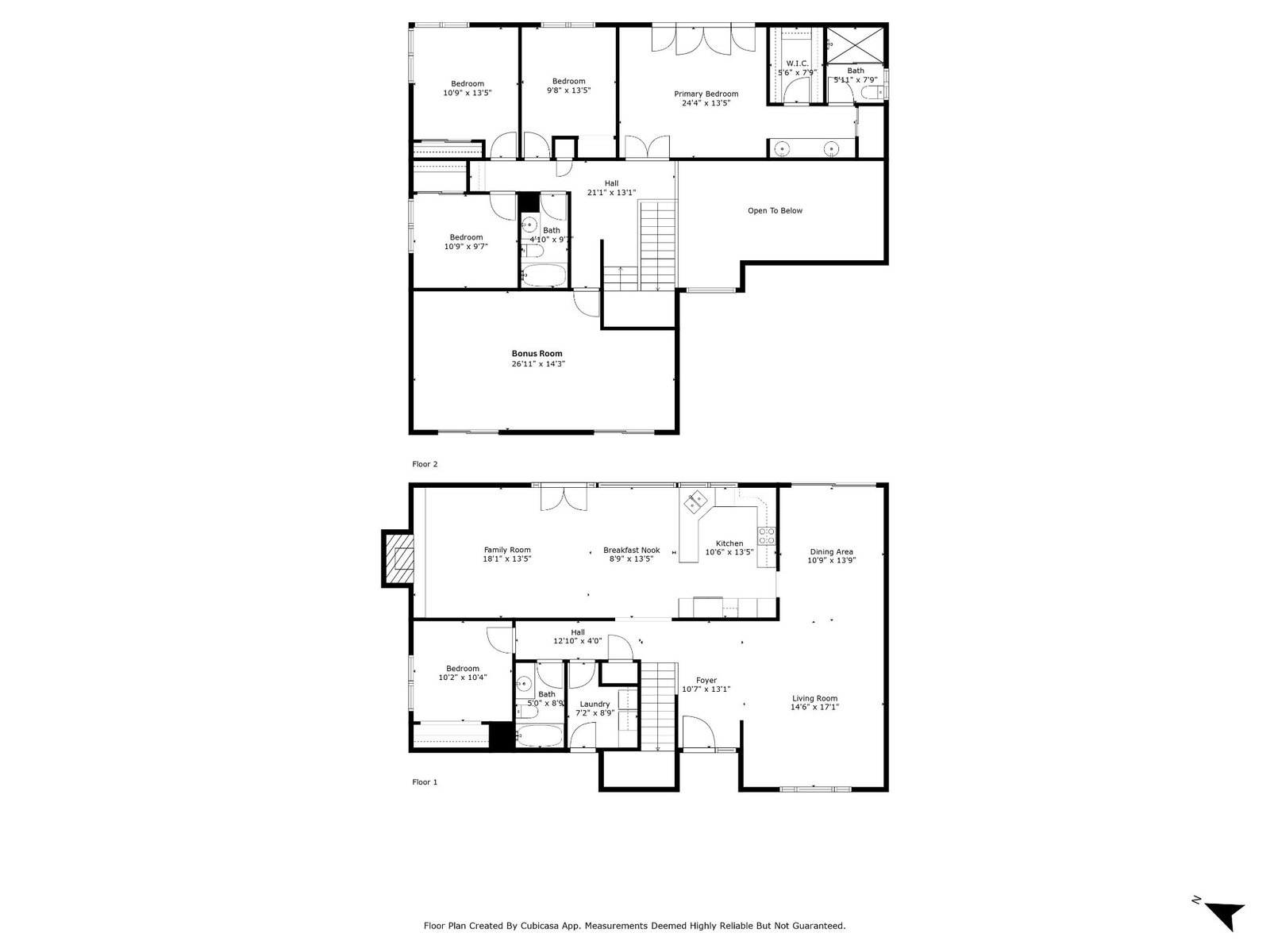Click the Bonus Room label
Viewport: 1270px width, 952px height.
[x=537, y=354]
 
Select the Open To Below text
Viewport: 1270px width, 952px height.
[x=775, y=211]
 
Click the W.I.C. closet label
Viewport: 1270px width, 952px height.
[x=797, y=63]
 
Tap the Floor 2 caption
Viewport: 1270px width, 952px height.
[x=425, y=464]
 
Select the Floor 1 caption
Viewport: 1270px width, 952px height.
[x=425, y=782]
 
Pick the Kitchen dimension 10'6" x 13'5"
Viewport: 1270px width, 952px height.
[x=729, y=553]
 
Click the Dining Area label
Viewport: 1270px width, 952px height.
[x=831, y=551]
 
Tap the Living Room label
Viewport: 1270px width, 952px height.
[x=814, y=698]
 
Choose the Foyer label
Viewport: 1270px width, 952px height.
[x=706, y=681]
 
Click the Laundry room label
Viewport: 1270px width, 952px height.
[x=595, y=704]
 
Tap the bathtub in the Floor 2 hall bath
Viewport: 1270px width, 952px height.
[x=544, y=277]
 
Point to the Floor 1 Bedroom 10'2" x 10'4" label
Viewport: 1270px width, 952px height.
[x=462, y=669]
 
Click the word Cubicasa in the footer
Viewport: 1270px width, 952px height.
[x=564, y=926]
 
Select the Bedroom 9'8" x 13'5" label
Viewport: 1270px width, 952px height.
[x=568, y=81]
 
